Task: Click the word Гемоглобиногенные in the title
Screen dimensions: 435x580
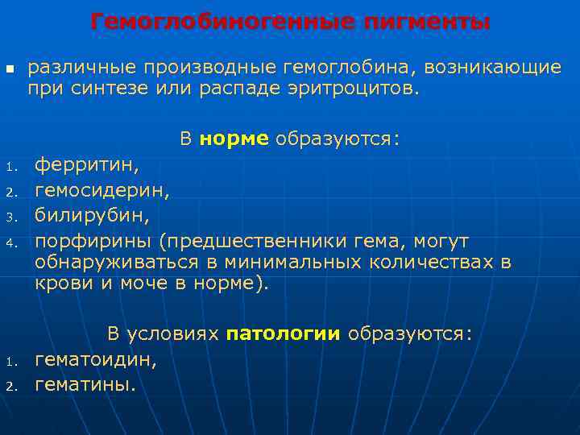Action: [x=217, y=22]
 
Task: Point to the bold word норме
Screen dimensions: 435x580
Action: [x=234, y=139]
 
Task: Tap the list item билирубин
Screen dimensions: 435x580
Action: [x=92, y=216]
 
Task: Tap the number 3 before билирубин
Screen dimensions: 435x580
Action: [x=10, y=217]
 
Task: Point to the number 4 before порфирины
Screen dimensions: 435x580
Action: [x=10, y=242]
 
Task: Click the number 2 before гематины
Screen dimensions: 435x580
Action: [x=10, y=386]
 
